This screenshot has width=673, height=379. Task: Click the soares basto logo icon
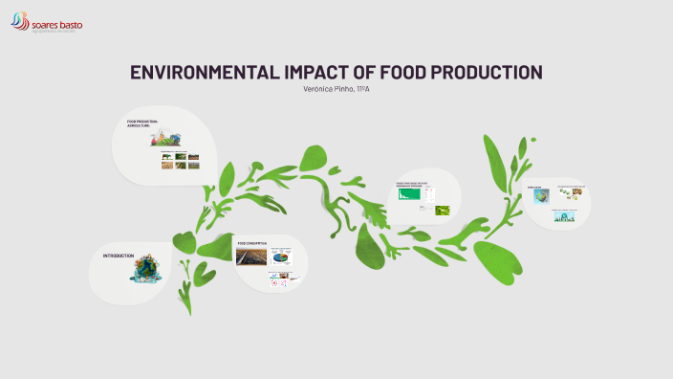20,19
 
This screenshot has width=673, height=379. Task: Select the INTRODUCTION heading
118,256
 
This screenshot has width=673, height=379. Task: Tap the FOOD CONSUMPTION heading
250,245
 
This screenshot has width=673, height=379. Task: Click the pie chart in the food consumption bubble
283,257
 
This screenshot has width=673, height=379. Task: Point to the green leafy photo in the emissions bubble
443,210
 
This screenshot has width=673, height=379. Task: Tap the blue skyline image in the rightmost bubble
565,216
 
